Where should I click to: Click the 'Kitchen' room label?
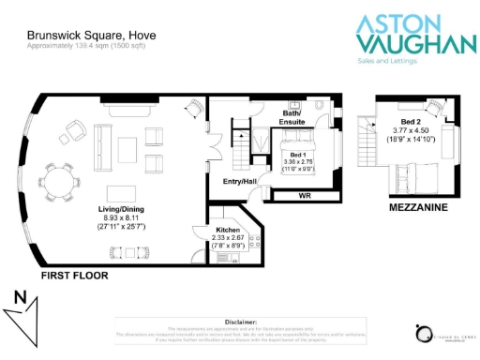229,230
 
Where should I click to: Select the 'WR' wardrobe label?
304,197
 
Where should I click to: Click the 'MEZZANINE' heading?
418,207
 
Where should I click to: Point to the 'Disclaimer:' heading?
239,321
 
